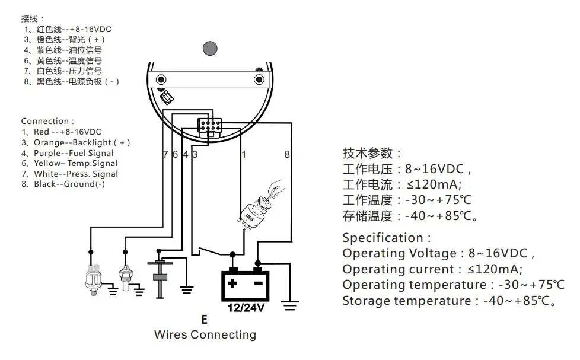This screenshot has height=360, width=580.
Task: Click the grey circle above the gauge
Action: tap(210, 49)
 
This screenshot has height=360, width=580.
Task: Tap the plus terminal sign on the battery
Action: tap(232, 283)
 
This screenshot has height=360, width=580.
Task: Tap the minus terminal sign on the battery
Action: tap(258, 283)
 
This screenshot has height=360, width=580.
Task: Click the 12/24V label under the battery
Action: tap(246, 307)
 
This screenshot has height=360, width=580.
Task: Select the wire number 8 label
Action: tap(287, 154)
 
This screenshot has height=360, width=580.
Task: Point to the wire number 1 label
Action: tap(244, 154)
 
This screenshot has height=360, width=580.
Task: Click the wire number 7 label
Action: tap(165, 154)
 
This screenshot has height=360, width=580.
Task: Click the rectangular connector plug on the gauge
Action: tap(210, 125)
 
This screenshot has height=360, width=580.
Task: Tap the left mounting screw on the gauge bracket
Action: tap(161, 79)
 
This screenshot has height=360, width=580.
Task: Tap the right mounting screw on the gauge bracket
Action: tap(259, 79)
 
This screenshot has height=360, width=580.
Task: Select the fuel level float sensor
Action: tap(160, 276)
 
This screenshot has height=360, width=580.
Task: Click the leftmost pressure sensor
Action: tap(94, 280)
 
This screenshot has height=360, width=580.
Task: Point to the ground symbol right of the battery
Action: tap(289, 305)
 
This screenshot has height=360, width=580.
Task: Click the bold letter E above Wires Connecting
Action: tap(204, 319)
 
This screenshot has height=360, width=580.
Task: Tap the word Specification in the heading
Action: tap(383, 238)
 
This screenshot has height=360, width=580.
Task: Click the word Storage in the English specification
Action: tap(365, 301)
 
